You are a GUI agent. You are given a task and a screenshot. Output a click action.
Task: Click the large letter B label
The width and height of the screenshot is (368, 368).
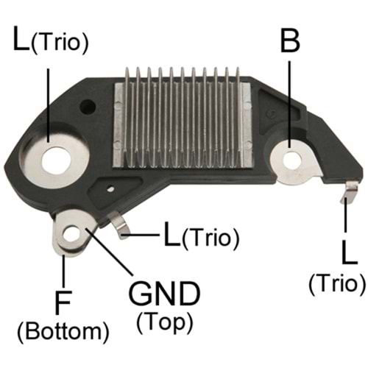[291, 40]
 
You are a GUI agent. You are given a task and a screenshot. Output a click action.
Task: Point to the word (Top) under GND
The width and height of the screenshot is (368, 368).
[164, 322]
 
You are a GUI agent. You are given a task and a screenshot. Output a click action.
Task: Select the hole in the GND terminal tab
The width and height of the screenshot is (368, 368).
[72, 235]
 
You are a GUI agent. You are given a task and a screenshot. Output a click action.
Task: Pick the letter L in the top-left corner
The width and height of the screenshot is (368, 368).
[22, 40]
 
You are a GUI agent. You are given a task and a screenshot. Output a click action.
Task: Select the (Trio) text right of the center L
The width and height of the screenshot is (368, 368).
[210, 238]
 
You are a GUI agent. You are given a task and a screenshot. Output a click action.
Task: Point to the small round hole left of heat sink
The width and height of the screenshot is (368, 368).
[91, 105]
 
